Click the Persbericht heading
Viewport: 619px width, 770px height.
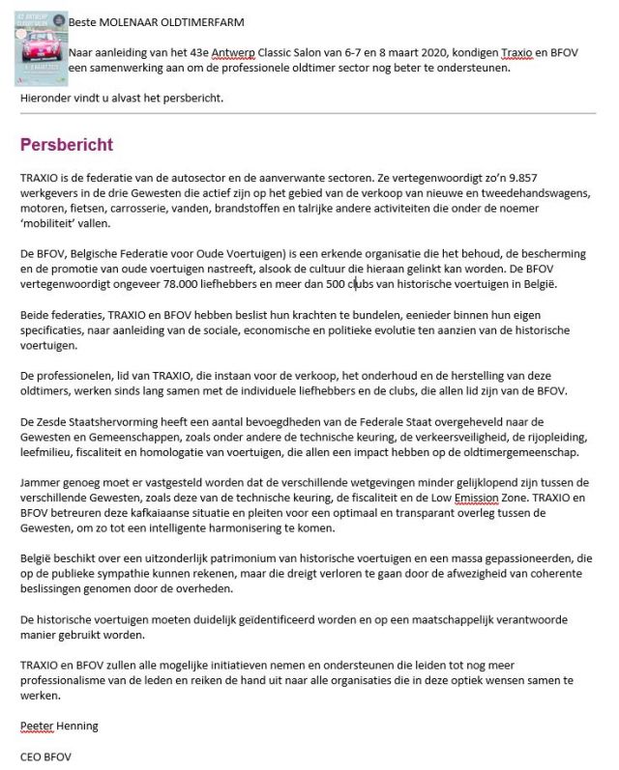[67, 145]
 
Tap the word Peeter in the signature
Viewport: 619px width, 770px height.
[38, 724]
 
